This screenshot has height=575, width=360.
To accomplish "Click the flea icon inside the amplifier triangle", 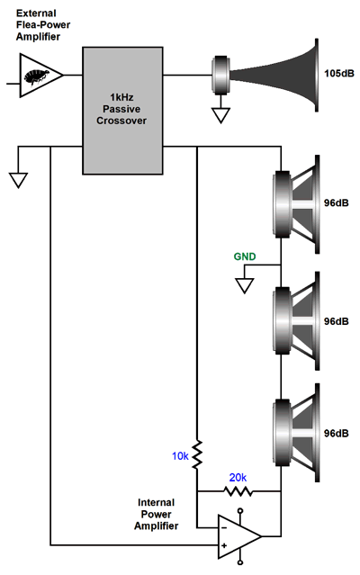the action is click(37, 76).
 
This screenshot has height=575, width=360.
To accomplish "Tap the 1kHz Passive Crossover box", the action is click(122, 111).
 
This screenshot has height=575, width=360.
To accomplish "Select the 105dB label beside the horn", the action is click(339, 74).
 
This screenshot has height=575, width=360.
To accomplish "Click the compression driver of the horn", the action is click(220, 75).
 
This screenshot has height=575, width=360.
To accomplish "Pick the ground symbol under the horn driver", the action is click(221, 115).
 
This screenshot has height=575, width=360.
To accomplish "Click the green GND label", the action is click(245, 256).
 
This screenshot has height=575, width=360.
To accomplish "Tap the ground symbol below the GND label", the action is click(244, 285).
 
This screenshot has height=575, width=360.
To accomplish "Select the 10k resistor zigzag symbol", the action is click(197, 454).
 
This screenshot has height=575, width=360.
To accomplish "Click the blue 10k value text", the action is click(180, 456).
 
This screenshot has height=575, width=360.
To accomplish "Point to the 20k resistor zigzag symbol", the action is click(238, 491).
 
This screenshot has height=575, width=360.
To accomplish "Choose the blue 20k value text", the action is click(238, 478).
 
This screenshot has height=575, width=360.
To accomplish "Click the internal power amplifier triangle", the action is click(239, 536).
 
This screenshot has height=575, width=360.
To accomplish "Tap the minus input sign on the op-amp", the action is click(224, 527).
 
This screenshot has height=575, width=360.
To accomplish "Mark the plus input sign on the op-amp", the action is click(224, 545).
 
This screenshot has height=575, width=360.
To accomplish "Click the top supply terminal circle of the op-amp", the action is click(240, 510).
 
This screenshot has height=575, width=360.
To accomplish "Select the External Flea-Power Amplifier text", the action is click(43, 25).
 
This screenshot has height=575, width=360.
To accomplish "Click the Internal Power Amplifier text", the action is click(157, 514).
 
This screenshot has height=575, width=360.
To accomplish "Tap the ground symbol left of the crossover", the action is click(18, 181).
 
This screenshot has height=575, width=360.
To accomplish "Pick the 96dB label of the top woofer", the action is click(337, 202).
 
